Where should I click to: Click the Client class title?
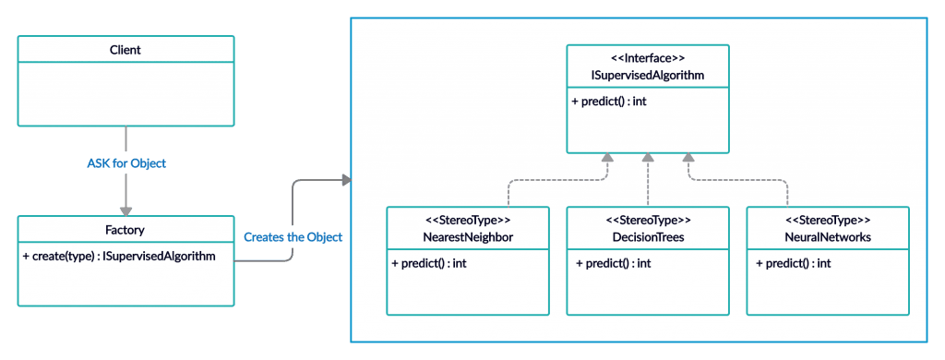coord(125,50)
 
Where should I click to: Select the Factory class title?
coord(126,230)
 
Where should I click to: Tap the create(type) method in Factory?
coord(119,255)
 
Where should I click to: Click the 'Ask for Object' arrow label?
coord(126,163)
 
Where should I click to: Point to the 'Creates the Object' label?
coord(293,237)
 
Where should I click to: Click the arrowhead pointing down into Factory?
coord(126,210)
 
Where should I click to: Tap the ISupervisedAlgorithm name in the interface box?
coord(647,76)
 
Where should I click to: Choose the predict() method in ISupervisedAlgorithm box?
coord(609,101)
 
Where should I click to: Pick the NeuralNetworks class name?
coord(827,237)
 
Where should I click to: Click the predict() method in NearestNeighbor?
coord(430,263)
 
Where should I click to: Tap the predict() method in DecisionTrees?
coord(609,263)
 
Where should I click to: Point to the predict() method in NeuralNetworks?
coord(790,263)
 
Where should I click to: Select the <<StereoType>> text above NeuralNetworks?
coord(827,221)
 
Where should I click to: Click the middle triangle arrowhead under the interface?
coord(648,159)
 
